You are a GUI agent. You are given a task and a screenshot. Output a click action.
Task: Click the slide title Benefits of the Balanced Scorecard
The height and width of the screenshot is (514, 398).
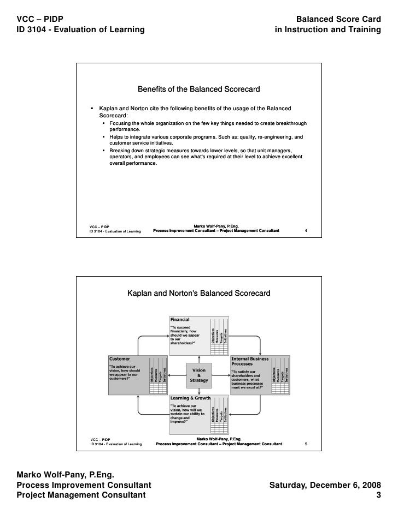pos(198,88)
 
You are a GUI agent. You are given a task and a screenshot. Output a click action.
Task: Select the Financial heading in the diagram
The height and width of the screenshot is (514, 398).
pos(180,319)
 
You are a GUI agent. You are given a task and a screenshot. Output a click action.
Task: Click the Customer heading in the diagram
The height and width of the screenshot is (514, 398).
pos(120,358)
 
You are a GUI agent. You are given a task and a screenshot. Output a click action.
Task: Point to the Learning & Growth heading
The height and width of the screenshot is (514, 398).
pos(189,398)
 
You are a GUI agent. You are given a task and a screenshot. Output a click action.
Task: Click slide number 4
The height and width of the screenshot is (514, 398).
pos(306,231)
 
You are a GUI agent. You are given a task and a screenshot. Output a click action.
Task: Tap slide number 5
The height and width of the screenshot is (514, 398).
pos(306,444)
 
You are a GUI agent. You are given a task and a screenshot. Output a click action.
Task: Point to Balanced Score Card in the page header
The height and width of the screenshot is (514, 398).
pos(337,19)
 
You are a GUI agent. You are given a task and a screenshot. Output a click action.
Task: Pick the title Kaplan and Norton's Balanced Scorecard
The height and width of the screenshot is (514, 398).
pos(198,294)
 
